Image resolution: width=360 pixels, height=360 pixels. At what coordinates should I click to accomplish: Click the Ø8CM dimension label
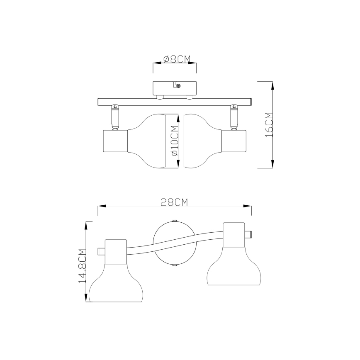[177, 59]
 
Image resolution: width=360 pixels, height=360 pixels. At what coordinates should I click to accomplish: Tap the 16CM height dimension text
[269, 125]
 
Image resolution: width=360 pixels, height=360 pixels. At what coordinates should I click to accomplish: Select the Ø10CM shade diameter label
[175, 141]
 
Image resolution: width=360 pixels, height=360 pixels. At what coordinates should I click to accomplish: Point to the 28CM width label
[174, 202]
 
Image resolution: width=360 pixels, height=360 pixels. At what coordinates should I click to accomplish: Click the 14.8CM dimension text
[82, 265]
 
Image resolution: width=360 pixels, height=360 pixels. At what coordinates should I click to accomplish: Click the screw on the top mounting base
[178, 86]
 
